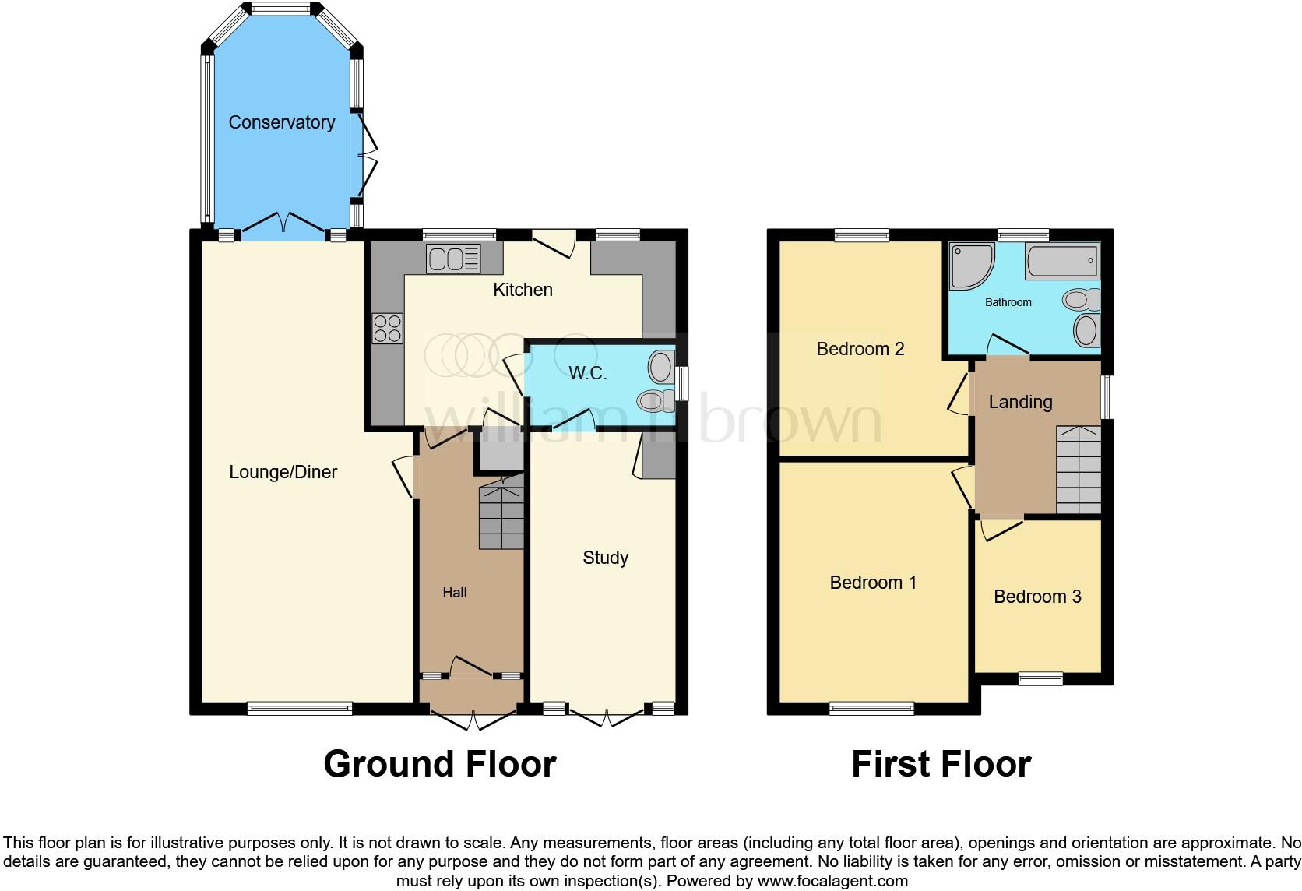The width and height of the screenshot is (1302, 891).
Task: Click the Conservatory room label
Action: [x=281, y=122]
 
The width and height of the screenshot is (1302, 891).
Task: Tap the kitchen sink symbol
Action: [x=453, y=259]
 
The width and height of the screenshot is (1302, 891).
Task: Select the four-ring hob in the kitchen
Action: [x=388, y=328]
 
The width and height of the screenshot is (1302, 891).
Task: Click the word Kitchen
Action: [x=523, y=290]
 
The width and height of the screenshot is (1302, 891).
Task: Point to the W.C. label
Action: [x=587, y=373]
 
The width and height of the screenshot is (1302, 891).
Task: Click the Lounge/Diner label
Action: [x=283, y=472]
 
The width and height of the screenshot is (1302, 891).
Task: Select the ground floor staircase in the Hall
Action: [x=501, y=514]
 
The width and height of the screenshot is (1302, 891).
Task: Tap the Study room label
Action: [x=605, y=558]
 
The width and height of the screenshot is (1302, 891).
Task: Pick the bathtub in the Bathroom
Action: [x=1063, y=262]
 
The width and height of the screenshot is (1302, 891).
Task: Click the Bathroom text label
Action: [x=1008, y=302]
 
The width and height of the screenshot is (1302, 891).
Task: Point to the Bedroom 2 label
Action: [x=860, y=349]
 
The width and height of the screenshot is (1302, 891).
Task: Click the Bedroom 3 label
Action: [x=1037, y=597]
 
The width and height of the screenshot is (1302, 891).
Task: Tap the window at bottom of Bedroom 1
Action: [x=871, y=708]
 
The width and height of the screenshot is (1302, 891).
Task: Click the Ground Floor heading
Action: [x=439, y=764]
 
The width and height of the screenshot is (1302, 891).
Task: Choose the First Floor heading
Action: [x=941, y=764]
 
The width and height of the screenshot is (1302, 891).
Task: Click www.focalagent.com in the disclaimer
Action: [x=832, y=882]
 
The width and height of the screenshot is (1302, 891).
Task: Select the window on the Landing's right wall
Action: [x=1107, y=397]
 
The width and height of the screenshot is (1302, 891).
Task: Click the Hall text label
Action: [x=454, y=593]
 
